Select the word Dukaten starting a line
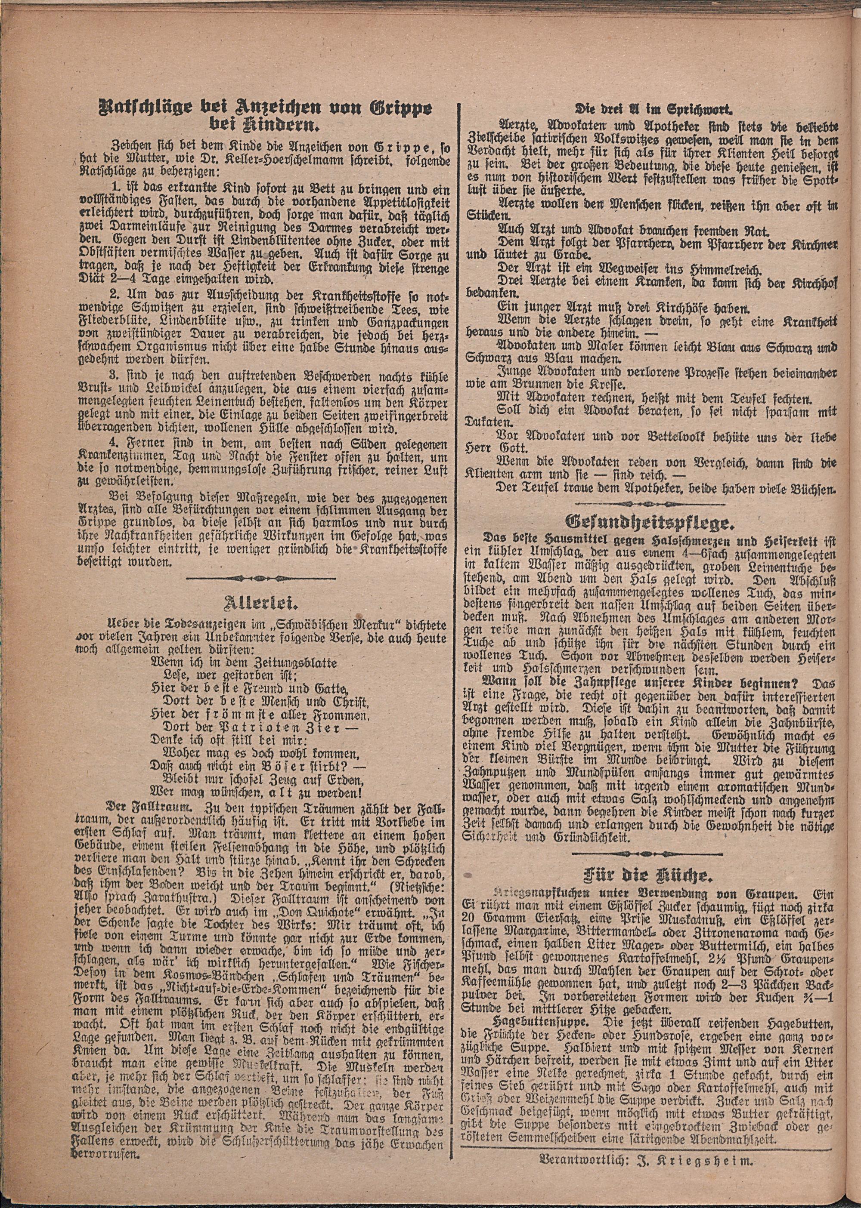click(483, 423)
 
